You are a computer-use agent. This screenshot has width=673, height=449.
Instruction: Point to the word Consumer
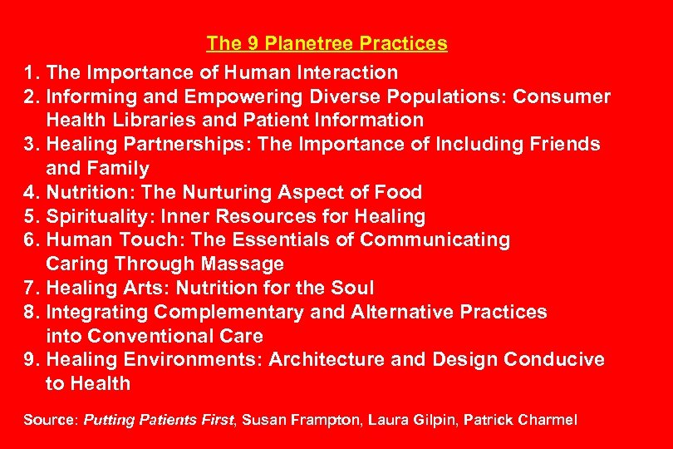coord(562,96)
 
